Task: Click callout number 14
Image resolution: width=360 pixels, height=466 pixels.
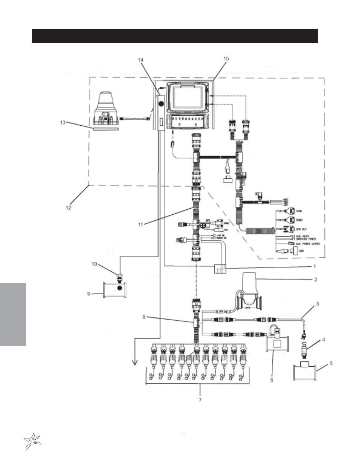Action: tap(141, 60)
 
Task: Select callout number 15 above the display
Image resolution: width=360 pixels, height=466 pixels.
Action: tap(226, 58)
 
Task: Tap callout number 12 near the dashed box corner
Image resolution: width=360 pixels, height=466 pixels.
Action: tap(68, 207)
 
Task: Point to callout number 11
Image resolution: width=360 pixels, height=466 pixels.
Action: tap(140, 225)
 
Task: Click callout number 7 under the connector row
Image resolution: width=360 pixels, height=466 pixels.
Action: tap(200, 399)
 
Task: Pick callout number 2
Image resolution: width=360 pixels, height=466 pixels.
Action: tap(316, 280)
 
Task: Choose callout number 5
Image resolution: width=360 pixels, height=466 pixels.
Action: tap(331, 363)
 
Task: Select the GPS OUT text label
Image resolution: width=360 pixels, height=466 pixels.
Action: tap(301, 229)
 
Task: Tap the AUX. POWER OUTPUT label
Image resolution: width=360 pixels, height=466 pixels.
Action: tap(308, 244)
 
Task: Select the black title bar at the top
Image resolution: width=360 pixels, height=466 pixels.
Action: tap(174, 36)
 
